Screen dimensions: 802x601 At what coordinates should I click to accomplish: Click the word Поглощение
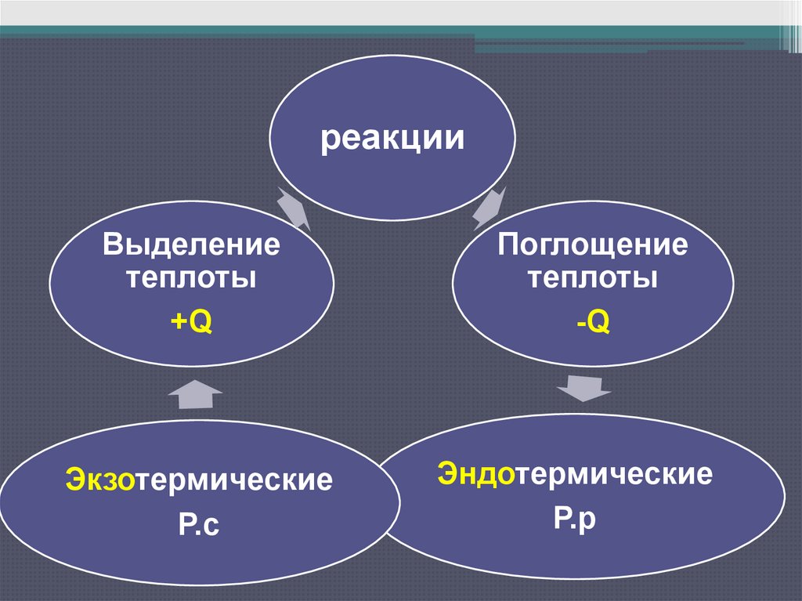[593, 246]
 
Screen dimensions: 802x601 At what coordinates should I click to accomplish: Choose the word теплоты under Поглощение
[593, 278]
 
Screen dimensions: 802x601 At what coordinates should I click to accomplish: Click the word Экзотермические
[198, 479]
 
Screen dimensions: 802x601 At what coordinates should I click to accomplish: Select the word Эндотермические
[575, 474]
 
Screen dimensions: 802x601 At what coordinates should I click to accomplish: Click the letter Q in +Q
[201, 321]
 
